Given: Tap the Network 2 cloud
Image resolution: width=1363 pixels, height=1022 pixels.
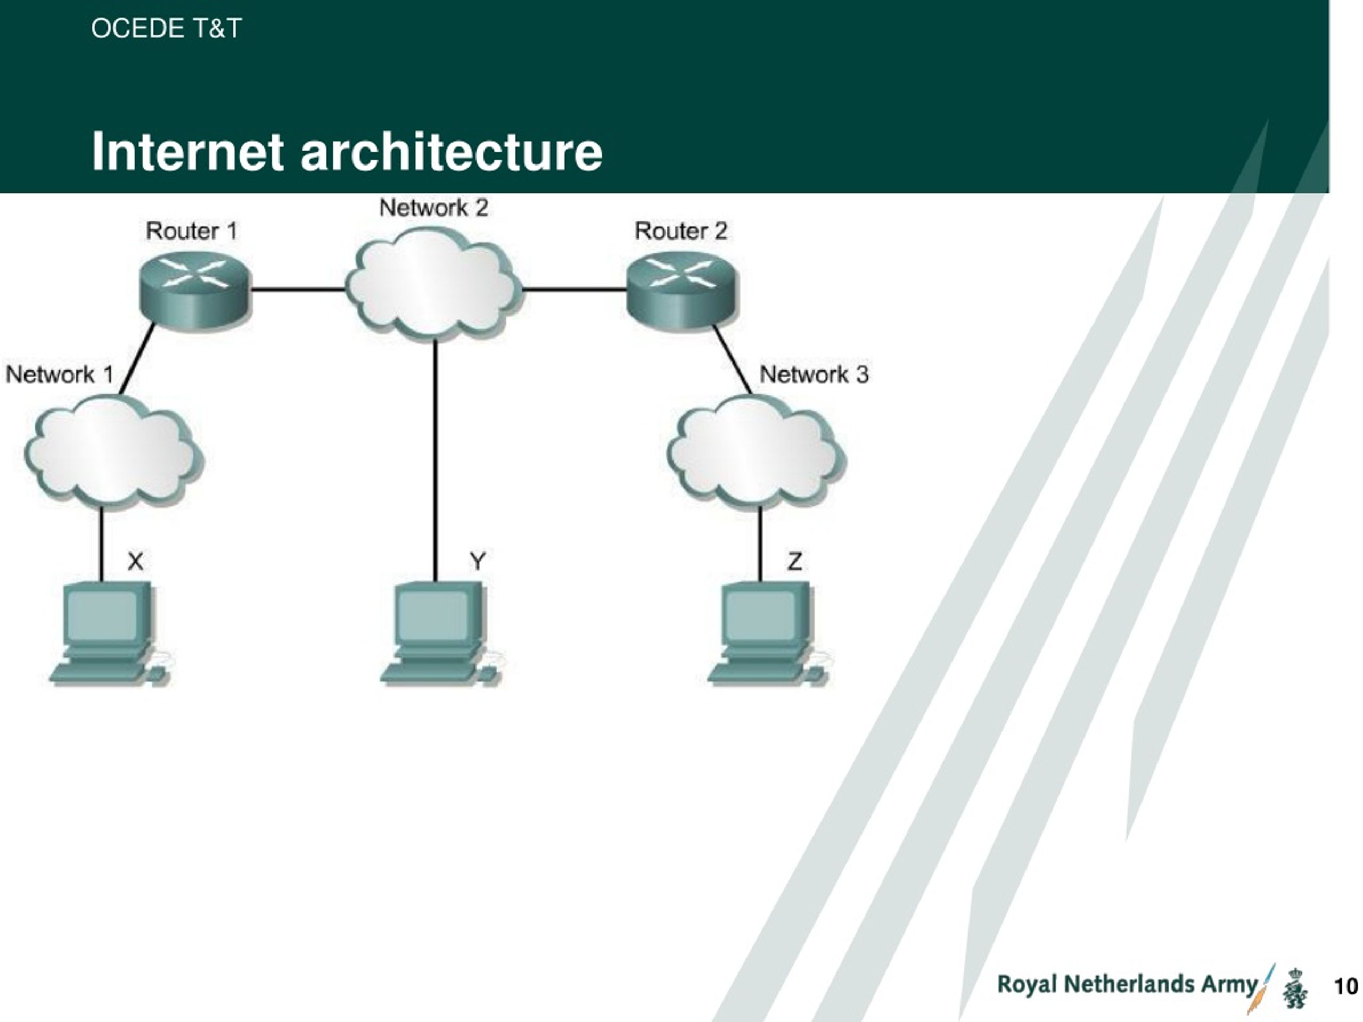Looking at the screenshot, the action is pos(433,283).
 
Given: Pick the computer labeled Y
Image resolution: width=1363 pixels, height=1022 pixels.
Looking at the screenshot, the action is pos(442,633).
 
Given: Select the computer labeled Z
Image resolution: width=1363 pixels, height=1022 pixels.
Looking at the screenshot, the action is pos(769,633).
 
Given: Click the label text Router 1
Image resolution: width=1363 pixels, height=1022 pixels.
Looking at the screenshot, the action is pos(192,231).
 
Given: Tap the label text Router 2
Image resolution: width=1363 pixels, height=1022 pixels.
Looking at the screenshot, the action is pos(681,231).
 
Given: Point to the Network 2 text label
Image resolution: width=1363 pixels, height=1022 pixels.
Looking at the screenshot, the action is pos(434,208).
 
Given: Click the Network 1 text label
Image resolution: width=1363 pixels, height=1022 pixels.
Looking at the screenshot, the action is pos(60,375).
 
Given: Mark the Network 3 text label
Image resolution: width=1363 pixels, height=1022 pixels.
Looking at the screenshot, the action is pos(814,375).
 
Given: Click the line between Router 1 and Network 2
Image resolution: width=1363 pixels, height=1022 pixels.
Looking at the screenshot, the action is pos(298,289).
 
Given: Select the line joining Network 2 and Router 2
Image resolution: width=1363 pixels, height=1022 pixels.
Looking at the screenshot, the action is pos(574,289).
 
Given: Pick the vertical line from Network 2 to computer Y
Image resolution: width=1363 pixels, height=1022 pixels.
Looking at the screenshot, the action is pos(436,460).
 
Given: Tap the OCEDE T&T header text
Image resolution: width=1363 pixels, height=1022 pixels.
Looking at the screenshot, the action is pos(166,28).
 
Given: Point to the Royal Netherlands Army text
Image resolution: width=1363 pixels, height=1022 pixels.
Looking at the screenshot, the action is pos(1127,984).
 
